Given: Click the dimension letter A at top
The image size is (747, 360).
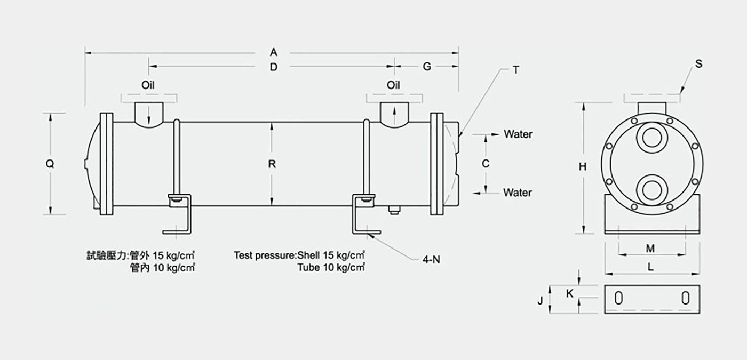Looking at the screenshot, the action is click(273, 52).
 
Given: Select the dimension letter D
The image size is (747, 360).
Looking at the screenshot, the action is click(273, 67).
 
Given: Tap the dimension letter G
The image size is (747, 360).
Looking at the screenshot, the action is click(427, 67).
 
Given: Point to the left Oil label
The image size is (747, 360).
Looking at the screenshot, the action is click(148, 85).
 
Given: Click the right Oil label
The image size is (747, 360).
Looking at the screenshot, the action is click(393, 85).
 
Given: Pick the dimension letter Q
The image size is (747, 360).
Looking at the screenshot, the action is click(50, 164).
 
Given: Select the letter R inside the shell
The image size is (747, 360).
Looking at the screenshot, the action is click(272, 164).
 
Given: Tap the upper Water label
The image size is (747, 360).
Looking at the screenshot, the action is click(518, 134).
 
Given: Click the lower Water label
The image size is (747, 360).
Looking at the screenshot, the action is click(518, 193).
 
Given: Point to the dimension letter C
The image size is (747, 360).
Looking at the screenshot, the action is click(486, 164).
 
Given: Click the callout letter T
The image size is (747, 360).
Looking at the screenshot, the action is click(516, 70).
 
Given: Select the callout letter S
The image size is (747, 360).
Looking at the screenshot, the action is click(698, 63).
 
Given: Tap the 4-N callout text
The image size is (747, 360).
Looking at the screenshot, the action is click(431, 259).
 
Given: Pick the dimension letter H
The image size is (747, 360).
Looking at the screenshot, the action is click(582, 166).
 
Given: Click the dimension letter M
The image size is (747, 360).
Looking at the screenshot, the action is click(650, 249).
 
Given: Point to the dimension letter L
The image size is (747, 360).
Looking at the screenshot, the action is click(650, 267).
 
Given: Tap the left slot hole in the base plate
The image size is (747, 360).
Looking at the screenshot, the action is click(618, 298).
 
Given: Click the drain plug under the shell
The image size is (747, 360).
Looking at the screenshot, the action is click(394, 210).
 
